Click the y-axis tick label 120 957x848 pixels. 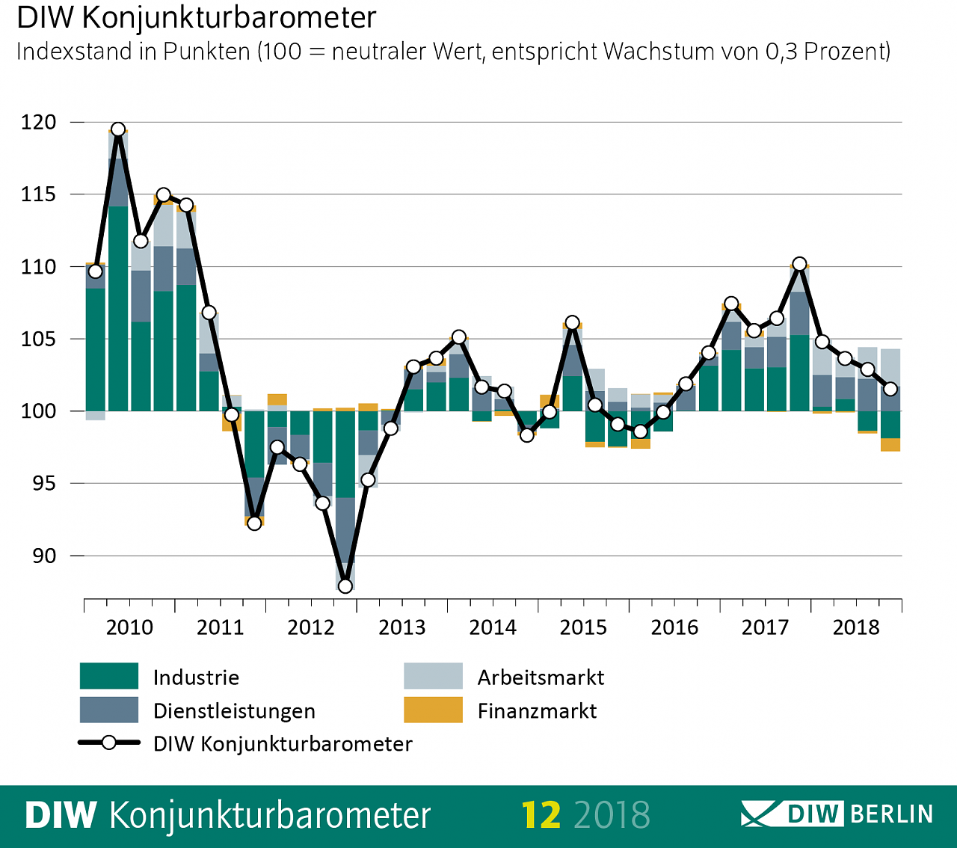pos(39,122)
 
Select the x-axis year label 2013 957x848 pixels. pos(401,627)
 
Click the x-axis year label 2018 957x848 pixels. pos(856,627)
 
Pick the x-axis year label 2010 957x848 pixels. pos(129,627)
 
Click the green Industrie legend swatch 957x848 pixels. pos(109,676)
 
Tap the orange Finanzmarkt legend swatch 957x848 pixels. pos(433,710)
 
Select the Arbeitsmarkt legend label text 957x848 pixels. pos(541,678)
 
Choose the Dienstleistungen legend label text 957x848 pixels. pos(234,710)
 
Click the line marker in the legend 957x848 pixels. pos(109,743)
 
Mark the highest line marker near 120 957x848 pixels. pos(118,129)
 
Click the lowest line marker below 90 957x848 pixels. pos(345,586)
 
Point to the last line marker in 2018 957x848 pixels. pos(890,389)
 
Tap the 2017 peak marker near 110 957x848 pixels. pos(799,264)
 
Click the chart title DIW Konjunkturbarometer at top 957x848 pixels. pos(197,18)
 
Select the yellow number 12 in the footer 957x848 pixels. pos(541,815)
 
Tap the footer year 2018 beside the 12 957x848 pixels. pos(612,815)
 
